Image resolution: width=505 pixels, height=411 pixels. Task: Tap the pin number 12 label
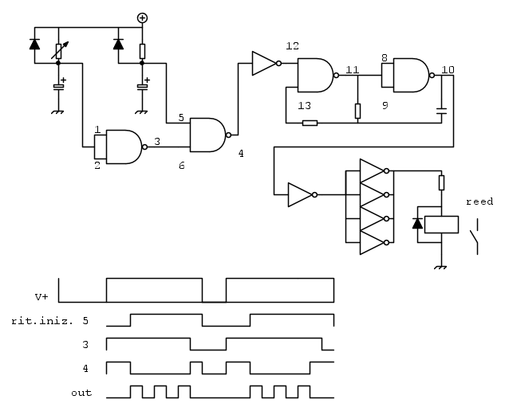point(292,46)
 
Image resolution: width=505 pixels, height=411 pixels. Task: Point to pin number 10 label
point(448,70)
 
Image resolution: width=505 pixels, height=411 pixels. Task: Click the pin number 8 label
point(385,58)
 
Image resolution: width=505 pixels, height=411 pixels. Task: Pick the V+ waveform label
point(42,296)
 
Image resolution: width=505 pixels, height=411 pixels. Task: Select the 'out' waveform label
point(81,393)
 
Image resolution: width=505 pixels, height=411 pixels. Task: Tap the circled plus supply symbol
point(142,18)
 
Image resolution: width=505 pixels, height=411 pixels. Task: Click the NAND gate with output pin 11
point(317,76)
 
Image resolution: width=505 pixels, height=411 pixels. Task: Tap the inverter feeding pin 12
point(264,64)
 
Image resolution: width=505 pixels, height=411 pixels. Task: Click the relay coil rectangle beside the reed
point(441,223)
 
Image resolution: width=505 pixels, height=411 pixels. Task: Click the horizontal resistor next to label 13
point(310,123)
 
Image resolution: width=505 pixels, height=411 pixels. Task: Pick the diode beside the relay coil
point(416,223)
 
